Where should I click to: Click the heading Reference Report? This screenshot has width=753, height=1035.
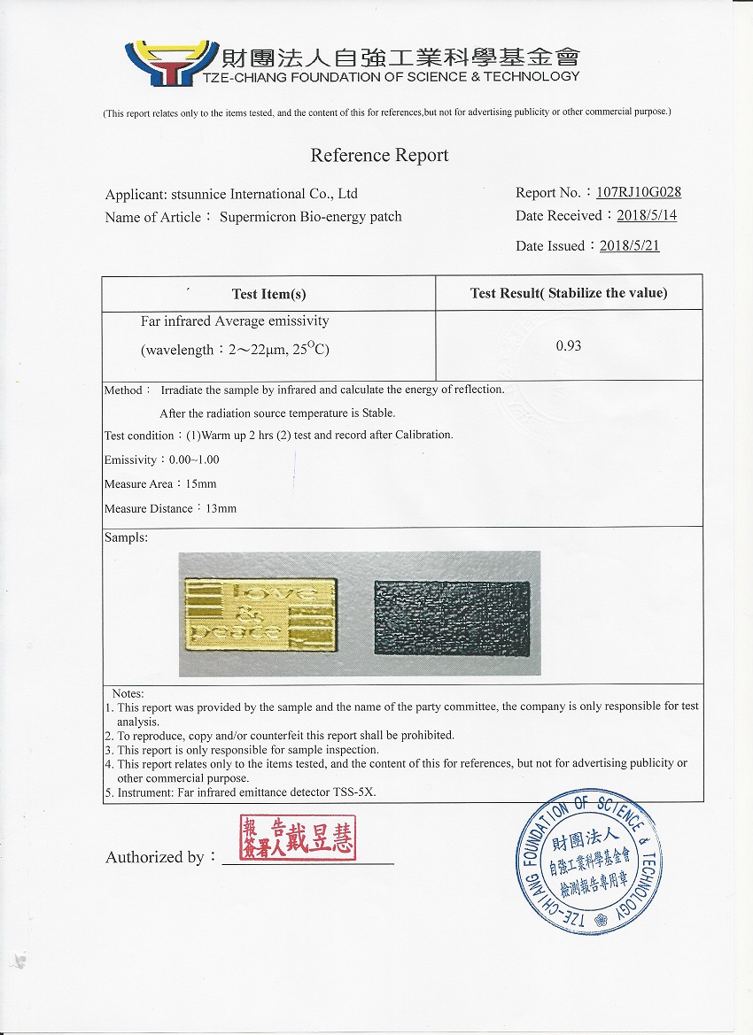click(379, 156)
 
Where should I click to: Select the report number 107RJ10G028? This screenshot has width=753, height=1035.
click(638, 192)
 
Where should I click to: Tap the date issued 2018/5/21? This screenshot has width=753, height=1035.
click(629, 246)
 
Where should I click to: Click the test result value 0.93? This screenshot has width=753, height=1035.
click(569, 345)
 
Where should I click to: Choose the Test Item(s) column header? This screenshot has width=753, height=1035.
click(268, 294)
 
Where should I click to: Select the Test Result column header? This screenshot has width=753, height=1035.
click(569, 293)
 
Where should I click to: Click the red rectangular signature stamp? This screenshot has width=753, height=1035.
click(298, 838)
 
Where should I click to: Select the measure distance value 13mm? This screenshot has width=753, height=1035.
click(221, 509)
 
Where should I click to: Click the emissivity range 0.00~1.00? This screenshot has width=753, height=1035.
click(192, 460)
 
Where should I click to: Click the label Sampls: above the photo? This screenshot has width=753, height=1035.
click(126, 537)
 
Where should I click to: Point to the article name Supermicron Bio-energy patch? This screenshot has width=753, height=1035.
click(310, 217)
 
